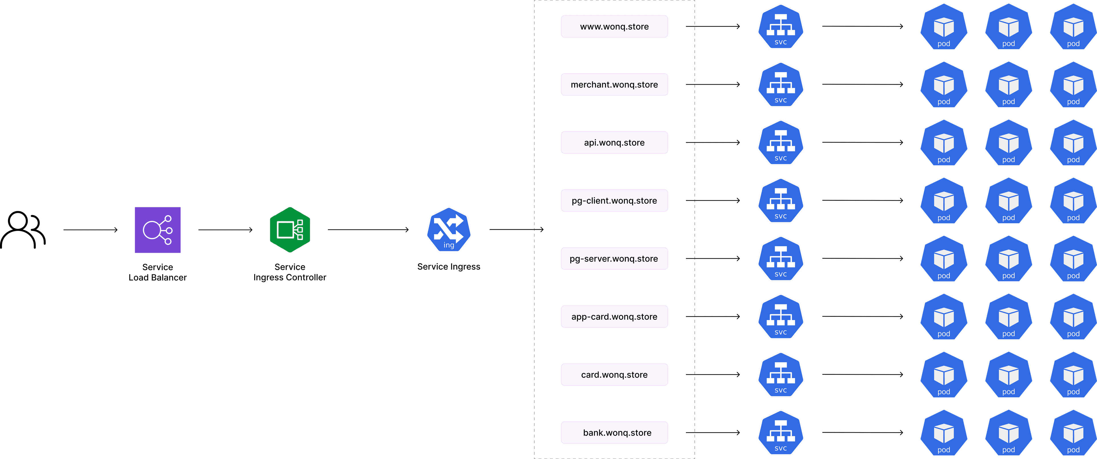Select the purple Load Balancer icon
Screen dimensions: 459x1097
[x=158, y=230]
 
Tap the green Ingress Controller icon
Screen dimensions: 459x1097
[x=290, y=230]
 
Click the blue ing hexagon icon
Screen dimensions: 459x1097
[x=449, y=230]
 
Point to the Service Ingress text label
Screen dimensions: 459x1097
[x=449, y=267]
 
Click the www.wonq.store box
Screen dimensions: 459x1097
[x=614, y=26]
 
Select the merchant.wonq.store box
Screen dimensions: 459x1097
[x=614, y=84]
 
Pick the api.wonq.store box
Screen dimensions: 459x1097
[x=614, y=142]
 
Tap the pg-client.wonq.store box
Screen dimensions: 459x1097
[x=614, y=200]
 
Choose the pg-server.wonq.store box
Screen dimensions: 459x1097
[x=614, y=258]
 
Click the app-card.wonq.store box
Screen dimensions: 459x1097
[x=614, y=316]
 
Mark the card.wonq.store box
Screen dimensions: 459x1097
[x=614, y=374]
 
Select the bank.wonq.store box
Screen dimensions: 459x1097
[x=614, y=432]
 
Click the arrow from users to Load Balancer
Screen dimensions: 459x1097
[x=90, y=230]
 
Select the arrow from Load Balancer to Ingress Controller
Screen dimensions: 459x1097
[x=225, y=230]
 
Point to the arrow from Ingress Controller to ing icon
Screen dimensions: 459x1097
[x=368, y=230]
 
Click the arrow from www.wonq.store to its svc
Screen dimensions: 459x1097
[x=712, y=26]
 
